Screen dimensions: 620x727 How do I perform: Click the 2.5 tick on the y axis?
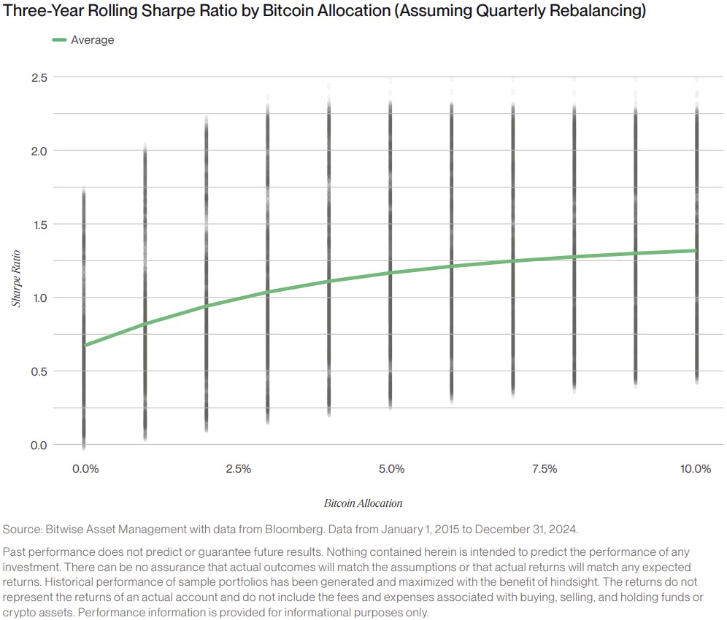(39, 77)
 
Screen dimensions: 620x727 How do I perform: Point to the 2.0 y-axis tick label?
(39, 151)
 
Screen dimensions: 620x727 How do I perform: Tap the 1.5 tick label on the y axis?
(39, 225)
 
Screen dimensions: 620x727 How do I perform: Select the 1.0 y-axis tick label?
(39, 298)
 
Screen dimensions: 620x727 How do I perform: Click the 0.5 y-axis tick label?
(39, 371)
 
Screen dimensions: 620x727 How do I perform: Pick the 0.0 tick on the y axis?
(39, 445)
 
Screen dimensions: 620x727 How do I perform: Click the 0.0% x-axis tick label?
(85, 469)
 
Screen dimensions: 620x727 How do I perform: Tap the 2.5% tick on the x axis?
(239, 469)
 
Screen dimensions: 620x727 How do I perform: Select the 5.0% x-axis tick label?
(392, 469)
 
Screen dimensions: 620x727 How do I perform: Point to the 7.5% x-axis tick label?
(545, 469)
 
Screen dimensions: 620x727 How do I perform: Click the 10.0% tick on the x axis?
(696, 469)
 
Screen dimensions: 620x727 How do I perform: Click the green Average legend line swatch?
(59, 40)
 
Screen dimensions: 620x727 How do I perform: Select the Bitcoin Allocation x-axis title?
(363, 503)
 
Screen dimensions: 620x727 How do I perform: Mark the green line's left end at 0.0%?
(85, 345)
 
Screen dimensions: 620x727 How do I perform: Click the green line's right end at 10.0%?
(696, 250)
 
